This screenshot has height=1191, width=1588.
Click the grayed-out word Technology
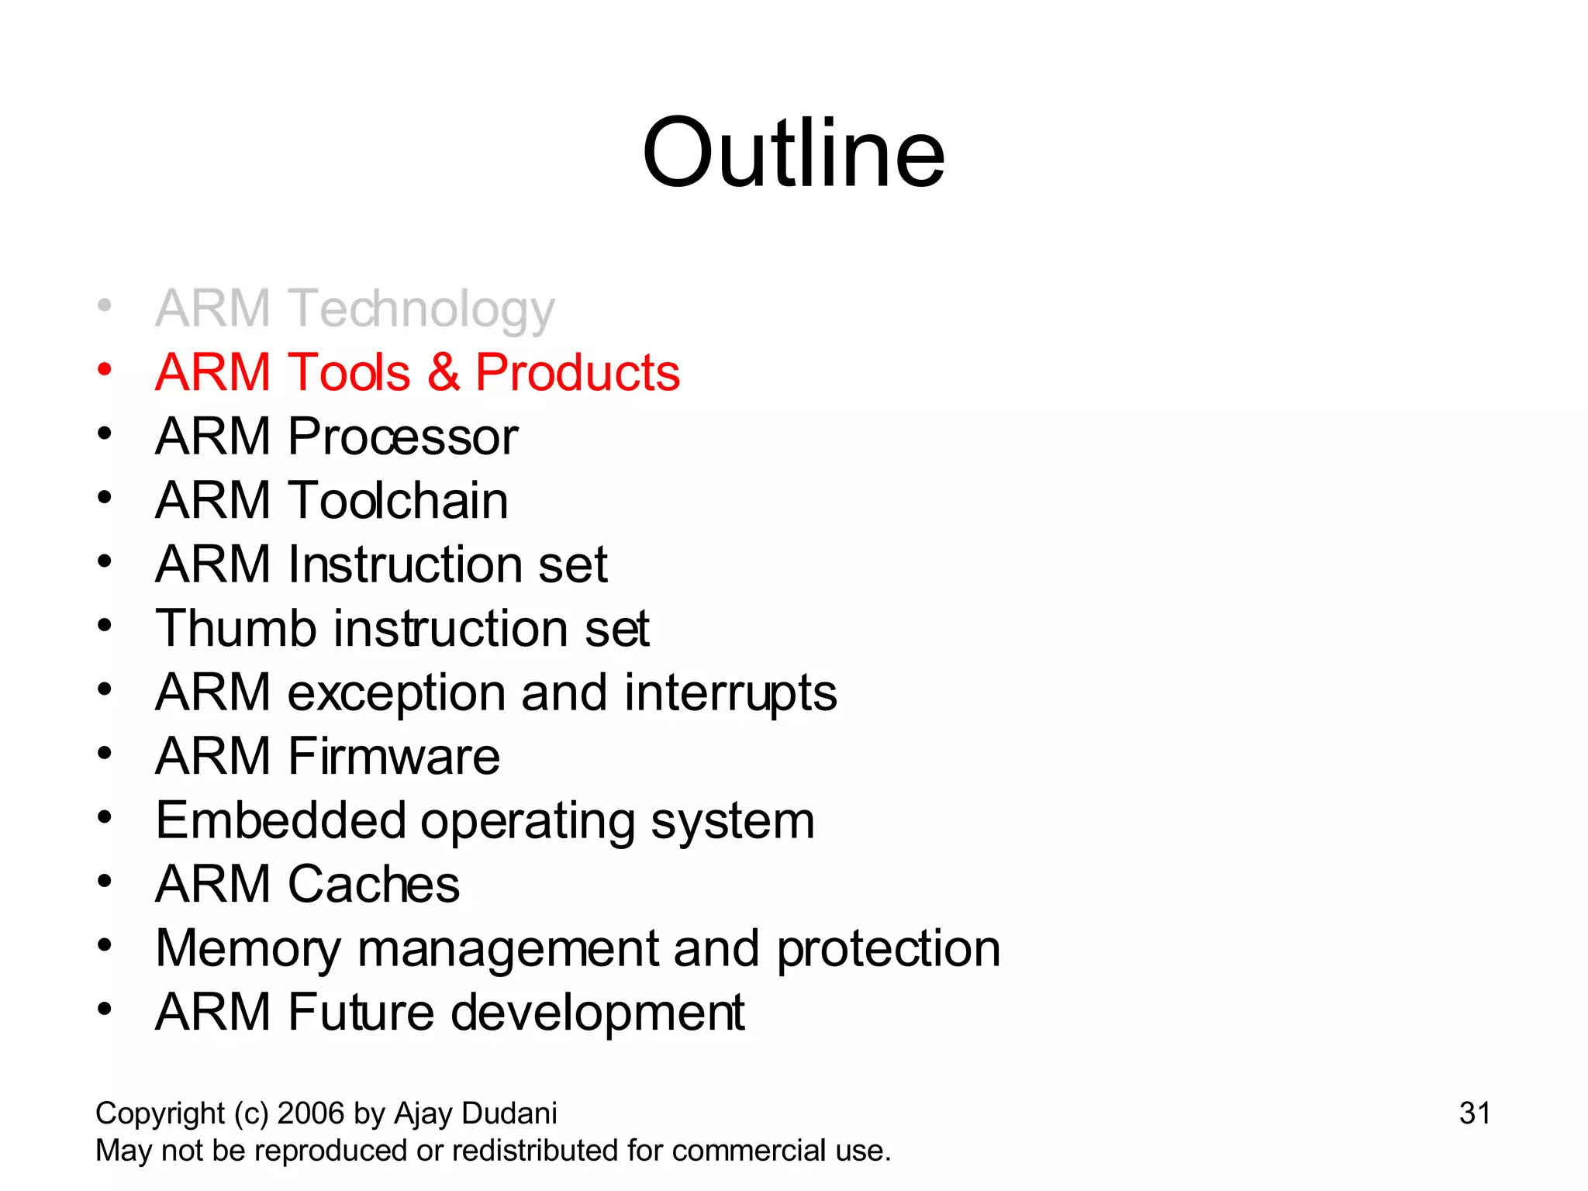pyautogui.click(x=422, y=309)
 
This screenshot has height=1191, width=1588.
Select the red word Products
pyautogui.click(x=577, y=373)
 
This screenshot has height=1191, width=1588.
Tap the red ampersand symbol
pyautogui.click(x=444, y=373)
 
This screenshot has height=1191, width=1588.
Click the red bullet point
pyautogui.click(x=105, y=369)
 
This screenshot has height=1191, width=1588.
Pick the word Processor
pyautogui.click(x=402, y=437)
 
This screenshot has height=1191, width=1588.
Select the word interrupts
pyautogui.click(x=730, y=692)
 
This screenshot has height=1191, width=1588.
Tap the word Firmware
pyautogui.click(x=394, y=757)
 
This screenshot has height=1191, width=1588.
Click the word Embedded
pyautogui.click(x=281, y=820)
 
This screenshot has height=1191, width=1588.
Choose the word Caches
pyautogui.click(x=374, y=885)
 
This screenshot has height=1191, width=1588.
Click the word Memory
pyautogui.click(x=248, y=949)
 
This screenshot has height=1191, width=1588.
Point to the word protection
pyautogui.click(x=889, y=949)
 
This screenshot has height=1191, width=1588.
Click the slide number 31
pyautogui.click(x=1474, y=1113)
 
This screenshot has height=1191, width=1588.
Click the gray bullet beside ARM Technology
pyautogui.click(x=105, y=306)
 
